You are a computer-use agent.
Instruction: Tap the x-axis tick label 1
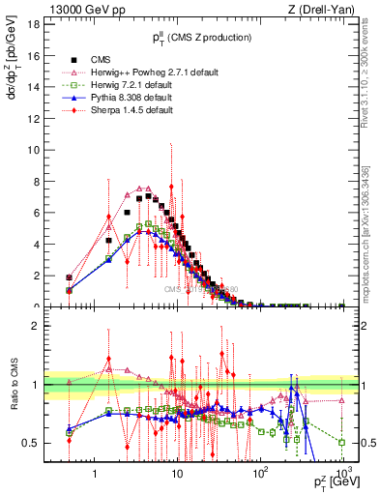pos(95,475)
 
